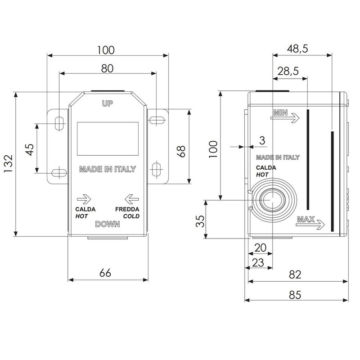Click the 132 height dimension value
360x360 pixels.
pyautogui.click(x=9, y=164)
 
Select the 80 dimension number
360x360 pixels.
pyautogui.click(x=107, y=69)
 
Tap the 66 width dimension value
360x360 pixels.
pyautogui.click(x=105, y=273)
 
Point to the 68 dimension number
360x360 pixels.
pyautogui.click(x=181, y=151)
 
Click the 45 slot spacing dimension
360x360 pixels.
pyautogui.click(x=30, y=149)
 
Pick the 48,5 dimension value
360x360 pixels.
pyautogui.click(x=297, y=49)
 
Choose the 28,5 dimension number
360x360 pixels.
pyautogui.click(x=288, y=71)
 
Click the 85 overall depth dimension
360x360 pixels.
pyautogui.click(x=295, y=295)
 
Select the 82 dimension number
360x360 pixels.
pyautogui.click(x=295, y=274)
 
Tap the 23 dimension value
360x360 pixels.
pyautogui.click(x=258, y=263)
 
